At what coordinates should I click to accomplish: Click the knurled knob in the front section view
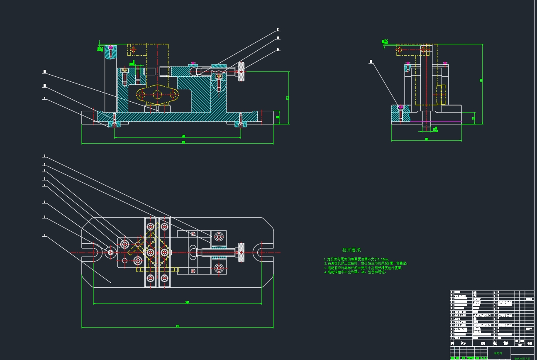coord(241,72)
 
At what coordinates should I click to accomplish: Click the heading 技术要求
coord(351,250)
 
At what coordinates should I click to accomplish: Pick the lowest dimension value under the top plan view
coord(178,326)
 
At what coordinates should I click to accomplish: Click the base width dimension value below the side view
coord(426,139)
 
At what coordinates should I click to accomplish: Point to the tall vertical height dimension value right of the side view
coord(481,80)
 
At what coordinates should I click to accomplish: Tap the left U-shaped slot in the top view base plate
coord(93,252)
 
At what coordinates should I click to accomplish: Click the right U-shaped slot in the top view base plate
coord(262,252)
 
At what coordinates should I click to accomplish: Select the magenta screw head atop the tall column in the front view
coord(110,47)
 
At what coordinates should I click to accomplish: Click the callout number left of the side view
coord(371,62)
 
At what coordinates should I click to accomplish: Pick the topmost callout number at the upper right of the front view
coord(278,30)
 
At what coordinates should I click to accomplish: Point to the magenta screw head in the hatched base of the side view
coord(400,107)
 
